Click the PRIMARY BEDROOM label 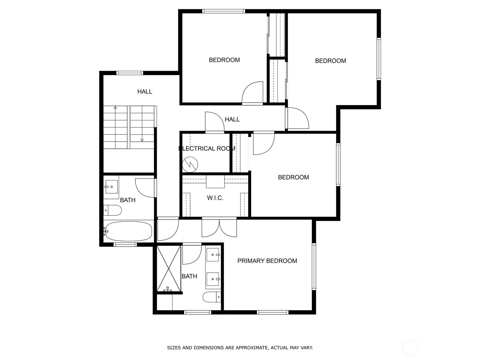[267, 261]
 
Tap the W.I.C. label [215, 198]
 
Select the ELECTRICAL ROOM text [207, 148]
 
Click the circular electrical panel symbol [190, 164]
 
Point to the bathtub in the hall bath [129, 231]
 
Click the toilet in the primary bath [212, 297]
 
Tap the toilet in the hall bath [112, 210]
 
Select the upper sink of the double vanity [213, 255]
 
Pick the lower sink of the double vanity [213, 279]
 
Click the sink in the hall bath [112, 187]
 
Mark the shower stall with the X [169, 268]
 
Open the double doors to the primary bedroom [219, 227]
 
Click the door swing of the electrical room [215, 122]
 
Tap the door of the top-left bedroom [252, 93]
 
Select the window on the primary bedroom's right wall [314, 266]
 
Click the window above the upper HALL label [130, 73]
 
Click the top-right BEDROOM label [330, 61]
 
